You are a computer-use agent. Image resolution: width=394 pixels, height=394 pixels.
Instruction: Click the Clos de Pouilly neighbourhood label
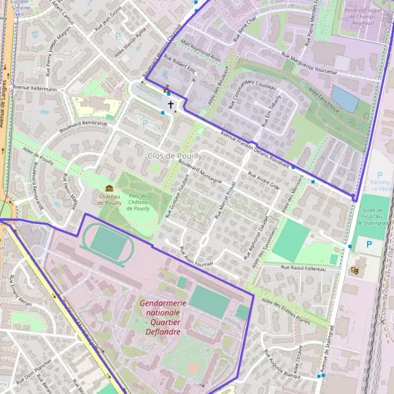coord(175,156)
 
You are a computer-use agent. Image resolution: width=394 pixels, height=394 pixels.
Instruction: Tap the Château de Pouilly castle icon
coord(109,189)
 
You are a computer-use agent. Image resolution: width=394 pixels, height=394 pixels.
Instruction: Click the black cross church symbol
coord(171,104)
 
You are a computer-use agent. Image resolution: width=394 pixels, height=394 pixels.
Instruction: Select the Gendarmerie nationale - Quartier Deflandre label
coord(164,317)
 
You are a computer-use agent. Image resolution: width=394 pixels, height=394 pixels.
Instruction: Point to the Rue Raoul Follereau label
coord(303,268)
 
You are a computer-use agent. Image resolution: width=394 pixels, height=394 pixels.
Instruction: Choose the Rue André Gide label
coord(264,181)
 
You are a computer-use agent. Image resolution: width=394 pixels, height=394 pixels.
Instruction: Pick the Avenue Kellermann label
coord(35,88)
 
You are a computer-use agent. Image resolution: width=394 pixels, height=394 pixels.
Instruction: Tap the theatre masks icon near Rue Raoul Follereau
coord(355,269)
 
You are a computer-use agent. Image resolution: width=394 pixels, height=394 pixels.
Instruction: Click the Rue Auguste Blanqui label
coord(283,362)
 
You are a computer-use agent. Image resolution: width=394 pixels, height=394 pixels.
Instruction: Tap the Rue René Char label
coord(249,30)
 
